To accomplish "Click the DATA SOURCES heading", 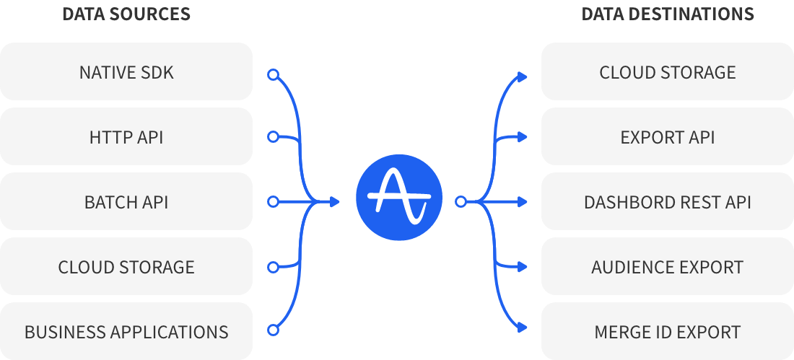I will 126,14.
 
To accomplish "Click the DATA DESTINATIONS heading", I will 668,14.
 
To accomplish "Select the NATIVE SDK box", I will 126,72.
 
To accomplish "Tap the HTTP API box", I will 126,137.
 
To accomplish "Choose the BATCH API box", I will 126,202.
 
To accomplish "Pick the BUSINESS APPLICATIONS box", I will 126,332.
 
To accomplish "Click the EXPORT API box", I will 668,137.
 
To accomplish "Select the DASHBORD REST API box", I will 668,202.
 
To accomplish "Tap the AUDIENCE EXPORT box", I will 668,267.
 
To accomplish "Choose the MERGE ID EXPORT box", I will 668,332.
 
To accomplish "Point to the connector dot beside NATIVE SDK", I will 273,74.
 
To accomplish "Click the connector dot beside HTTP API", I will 273,136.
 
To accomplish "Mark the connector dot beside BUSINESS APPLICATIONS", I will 273,330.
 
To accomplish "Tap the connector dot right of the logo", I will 461,202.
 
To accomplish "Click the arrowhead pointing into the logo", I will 334,202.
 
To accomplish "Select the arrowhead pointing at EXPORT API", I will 523,136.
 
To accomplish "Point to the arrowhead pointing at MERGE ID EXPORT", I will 523,330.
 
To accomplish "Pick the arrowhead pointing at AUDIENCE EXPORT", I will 523,268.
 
